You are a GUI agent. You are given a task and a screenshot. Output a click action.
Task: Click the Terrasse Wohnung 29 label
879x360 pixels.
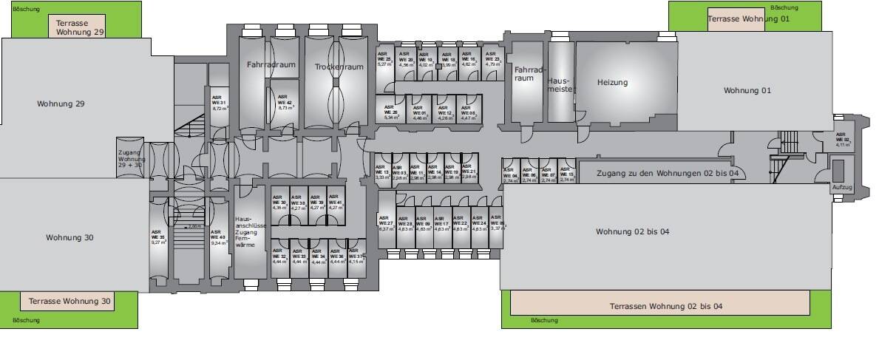click(x=78, y=27)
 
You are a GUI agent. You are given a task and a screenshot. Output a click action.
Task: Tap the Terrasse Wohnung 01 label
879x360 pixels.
click(x=748, y=18)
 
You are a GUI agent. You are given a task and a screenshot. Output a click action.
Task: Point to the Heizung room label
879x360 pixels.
click(x=612, y=83)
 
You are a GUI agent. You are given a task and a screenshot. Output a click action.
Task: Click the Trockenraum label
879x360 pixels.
click(x=339, y=67)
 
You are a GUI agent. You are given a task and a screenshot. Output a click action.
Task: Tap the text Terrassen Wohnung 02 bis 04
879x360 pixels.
click(x=665, y=306)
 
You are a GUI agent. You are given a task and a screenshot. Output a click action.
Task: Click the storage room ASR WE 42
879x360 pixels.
click(x=285, y=105)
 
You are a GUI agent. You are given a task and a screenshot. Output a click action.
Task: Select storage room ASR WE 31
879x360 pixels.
click(x=219, y=103)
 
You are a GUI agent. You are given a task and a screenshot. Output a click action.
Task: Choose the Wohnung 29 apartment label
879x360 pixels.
click(x=61, y=104)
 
